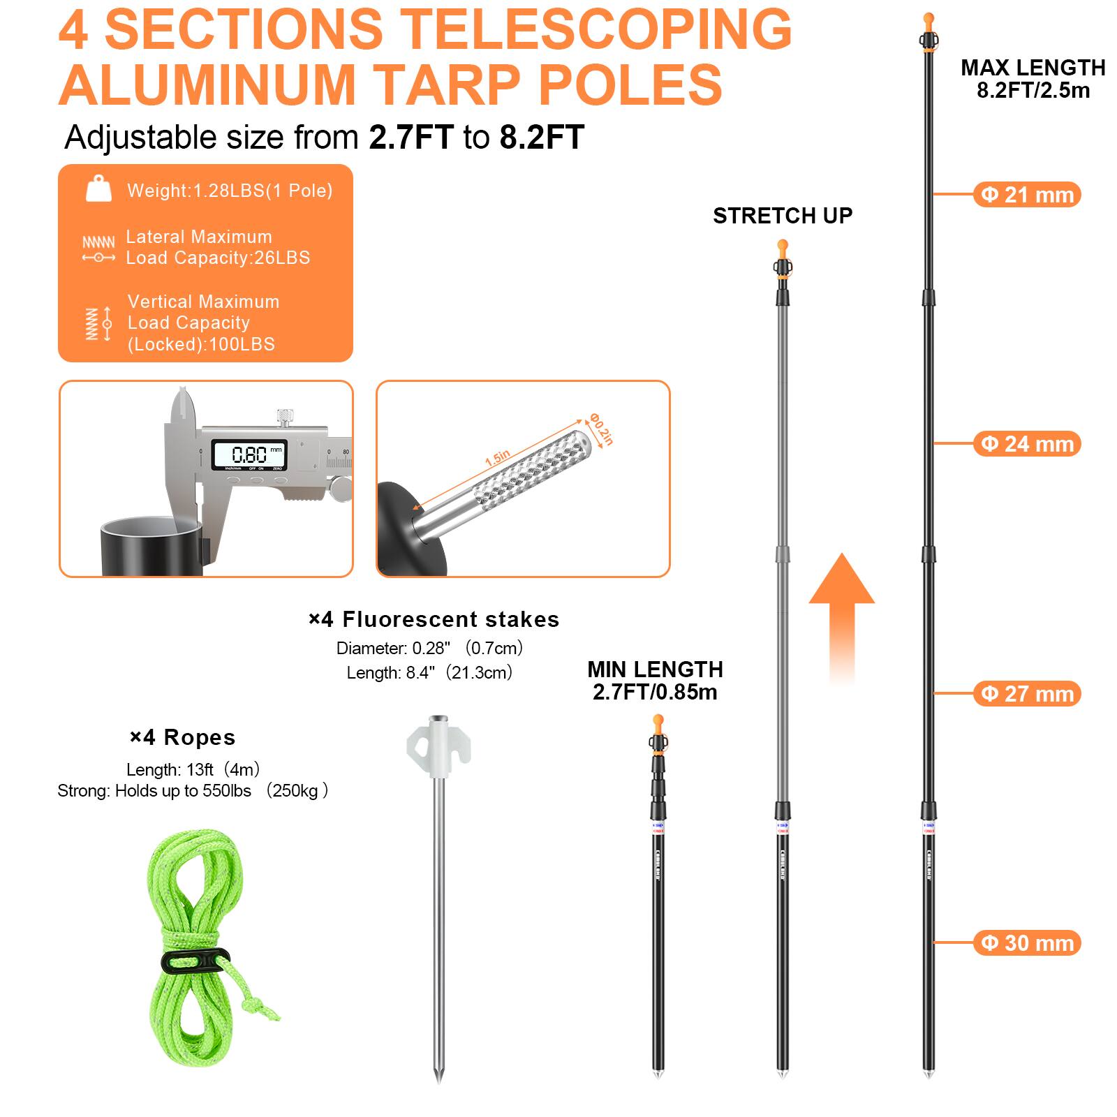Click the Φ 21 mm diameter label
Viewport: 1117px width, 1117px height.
tap(1027, 195)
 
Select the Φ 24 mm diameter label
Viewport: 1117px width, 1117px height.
tap(1027, 444)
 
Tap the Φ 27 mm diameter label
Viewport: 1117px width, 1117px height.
tap(1027, 694)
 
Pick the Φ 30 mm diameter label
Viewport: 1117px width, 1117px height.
tap(1027, 943)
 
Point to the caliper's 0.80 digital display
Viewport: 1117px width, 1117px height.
tap(249, 455)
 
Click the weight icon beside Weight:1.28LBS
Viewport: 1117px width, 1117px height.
tap(98, 189)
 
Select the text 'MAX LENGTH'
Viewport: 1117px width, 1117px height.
tap(1033, 68)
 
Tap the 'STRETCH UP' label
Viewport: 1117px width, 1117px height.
tap(783, 216)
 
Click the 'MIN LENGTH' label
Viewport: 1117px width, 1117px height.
tap(655, 670)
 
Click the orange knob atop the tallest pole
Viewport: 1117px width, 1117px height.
tap(929, 19)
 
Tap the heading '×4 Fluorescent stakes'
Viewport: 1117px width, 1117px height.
tap(434, 619)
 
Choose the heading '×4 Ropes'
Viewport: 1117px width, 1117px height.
tap(182, 737)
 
